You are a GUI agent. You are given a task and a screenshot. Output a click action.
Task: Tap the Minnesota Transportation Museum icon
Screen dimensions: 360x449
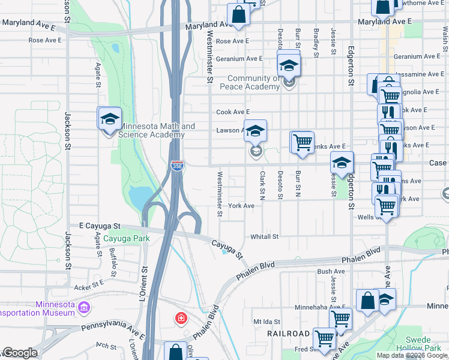coord(84,308)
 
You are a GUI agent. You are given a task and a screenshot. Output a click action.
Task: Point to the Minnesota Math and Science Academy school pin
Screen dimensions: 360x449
coord(110,120)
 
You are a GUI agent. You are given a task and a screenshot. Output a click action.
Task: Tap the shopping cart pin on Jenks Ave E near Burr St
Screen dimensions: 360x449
coord(302,143)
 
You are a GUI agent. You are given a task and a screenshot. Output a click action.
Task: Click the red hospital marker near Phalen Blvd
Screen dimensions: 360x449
coord(180,318)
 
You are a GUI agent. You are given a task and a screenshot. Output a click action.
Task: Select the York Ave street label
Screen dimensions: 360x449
coord(241,206)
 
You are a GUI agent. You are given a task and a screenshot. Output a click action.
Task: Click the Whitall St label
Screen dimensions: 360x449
coord(265,237)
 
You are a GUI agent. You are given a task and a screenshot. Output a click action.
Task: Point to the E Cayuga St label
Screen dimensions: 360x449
coord(100,226)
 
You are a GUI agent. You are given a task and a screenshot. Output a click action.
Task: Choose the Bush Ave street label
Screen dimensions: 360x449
coord(331,272)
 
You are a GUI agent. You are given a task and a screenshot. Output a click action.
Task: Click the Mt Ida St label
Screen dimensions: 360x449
coord(267,322)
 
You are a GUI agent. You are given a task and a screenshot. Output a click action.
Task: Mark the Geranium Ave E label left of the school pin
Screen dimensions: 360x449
coord(240,59)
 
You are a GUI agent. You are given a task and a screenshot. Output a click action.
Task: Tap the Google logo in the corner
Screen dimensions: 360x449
coord(20,353)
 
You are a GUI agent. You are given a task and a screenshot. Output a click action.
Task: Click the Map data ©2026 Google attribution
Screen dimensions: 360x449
coord(412,355)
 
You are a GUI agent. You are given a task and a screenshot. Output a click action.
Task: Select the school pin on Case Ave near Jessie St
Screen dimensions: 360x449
coord(342,164)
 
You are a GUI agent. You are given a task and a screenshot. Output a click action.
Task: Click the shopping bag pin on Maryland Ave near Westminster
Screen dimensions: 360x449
coord(238,16)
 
